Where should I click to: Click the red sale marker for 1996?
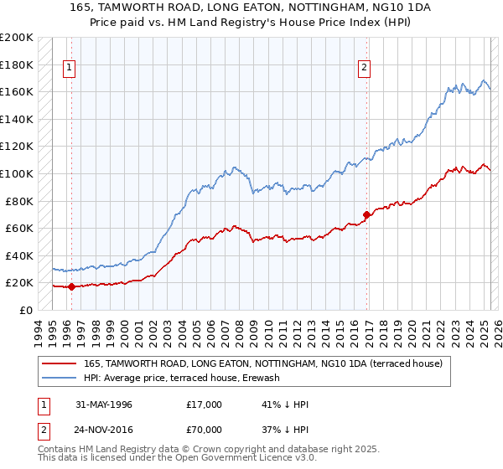(x=71, y=286)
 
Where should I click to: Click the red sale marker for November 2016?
(x=367, y=214)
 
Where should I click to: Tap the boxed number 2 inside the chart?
(x=366, y=69)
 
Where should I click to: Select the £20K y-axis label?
(x=19, y=282)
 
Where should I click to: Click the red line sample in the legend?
(x=60, y=363)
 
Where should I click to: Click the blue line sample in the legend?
(x=60, y=379)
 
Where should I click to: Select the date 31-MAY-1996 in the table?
(x=104, y=405)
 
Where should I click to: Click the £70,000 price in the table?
(x=205, y=430)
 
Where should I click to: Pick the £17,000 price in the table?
(x=205, y=405)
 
